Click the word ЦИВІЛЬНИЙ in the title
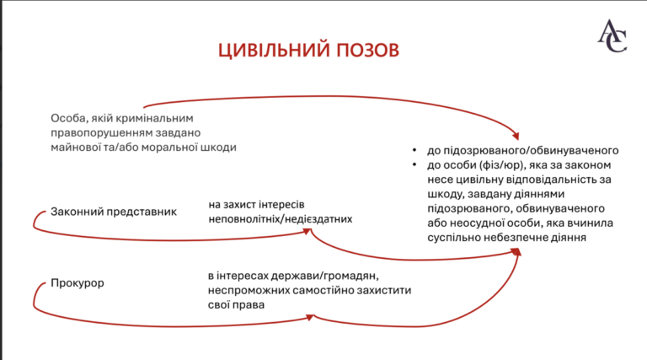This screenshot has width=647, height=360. pyautogui.click(x=274, y=51)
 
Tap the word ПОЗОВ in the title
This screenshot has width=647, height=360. pyautogui.click(x=367, y=50)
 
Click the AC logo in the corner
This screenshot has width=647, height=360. pyautogui.click(x=612, y=36)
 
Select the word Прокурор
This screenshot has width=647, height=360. pyautogui.click(x=78, y=283)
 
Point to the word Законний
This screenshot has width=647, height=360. pyautogui.click(x=77, y=212)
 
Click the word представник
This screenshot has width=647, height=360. pyautogui.click(x=142, y=212)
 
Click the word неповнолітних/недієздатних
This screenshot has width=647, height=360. pyautogui.click(x=281, y=219)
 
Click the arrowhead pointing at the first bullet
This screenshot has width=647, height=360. pyautogui.click(x=515, y=135)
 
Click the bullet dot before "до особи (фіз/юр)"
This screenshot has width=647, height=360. pyautogui.click(x=414, y=165)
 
